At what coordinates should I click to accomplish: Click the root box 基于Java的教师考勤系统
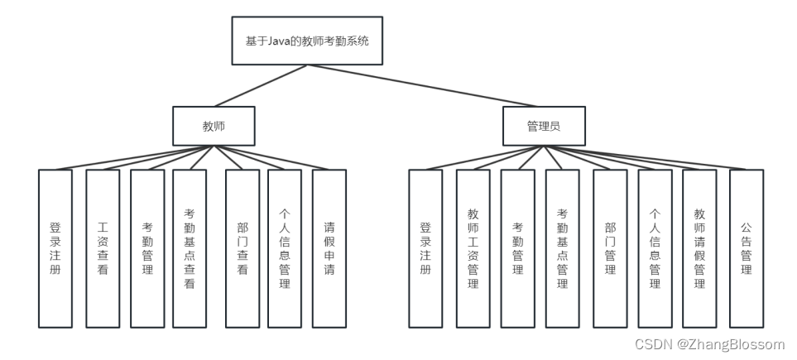pos(307,41)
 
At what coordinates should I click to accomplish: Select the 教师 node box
pos(214,127)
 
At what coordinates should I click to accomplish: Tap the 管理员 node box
pos(544,127)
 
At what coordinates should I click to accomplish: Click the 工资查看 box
pos(103,248)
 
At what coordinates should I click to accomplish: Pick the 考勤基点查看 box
pos(190,248)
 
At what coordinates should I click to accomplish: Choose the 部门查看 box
pos(242,248)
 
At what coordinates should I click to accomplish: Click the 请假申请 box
pos(329,248)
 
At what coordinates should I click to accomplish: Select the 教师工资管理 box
pos(473,248)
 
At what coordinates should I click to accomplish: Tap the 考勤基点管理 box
pos(562,248)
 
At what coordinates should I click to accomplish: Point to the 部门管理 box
pos(610,248)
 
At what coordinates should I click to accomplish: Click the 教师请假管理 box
pos(699,248)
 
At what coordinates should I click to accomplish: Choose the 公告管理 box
pos(746,248)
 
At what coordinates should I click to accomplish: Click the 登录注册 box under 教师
pos(55,248)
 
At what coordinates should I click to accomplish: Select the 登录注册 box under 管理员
pos(425,248)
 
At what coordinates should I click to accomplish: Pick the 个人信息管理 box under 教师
pos(284,248)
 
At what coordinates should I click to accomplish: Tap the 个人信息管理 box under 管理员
pos(655,248)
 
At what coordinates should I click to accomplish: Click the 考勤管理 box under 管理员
pos(517,248)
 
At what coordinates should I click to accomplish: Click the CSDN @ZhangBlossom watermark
pos(709,344)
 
